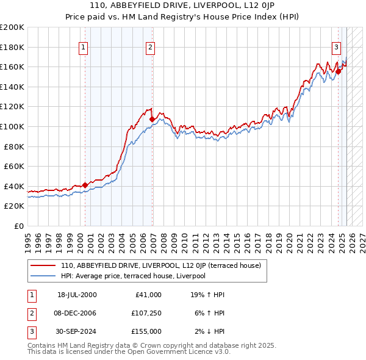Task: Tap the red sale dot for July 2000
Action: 85,185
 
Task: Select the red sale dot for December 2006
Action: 152,119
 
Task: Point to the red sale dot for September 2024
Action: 338,71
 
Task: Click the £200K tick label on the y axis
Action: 12,27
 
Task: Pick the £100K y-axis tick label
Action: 12,126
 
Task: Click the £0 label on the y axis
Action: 18,226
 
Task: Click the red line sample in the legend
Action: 43,265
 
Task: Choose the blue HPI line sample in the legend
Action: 43,276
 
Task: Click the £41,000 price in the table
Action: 147,295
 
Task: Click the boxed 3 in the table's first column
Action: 30,331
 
